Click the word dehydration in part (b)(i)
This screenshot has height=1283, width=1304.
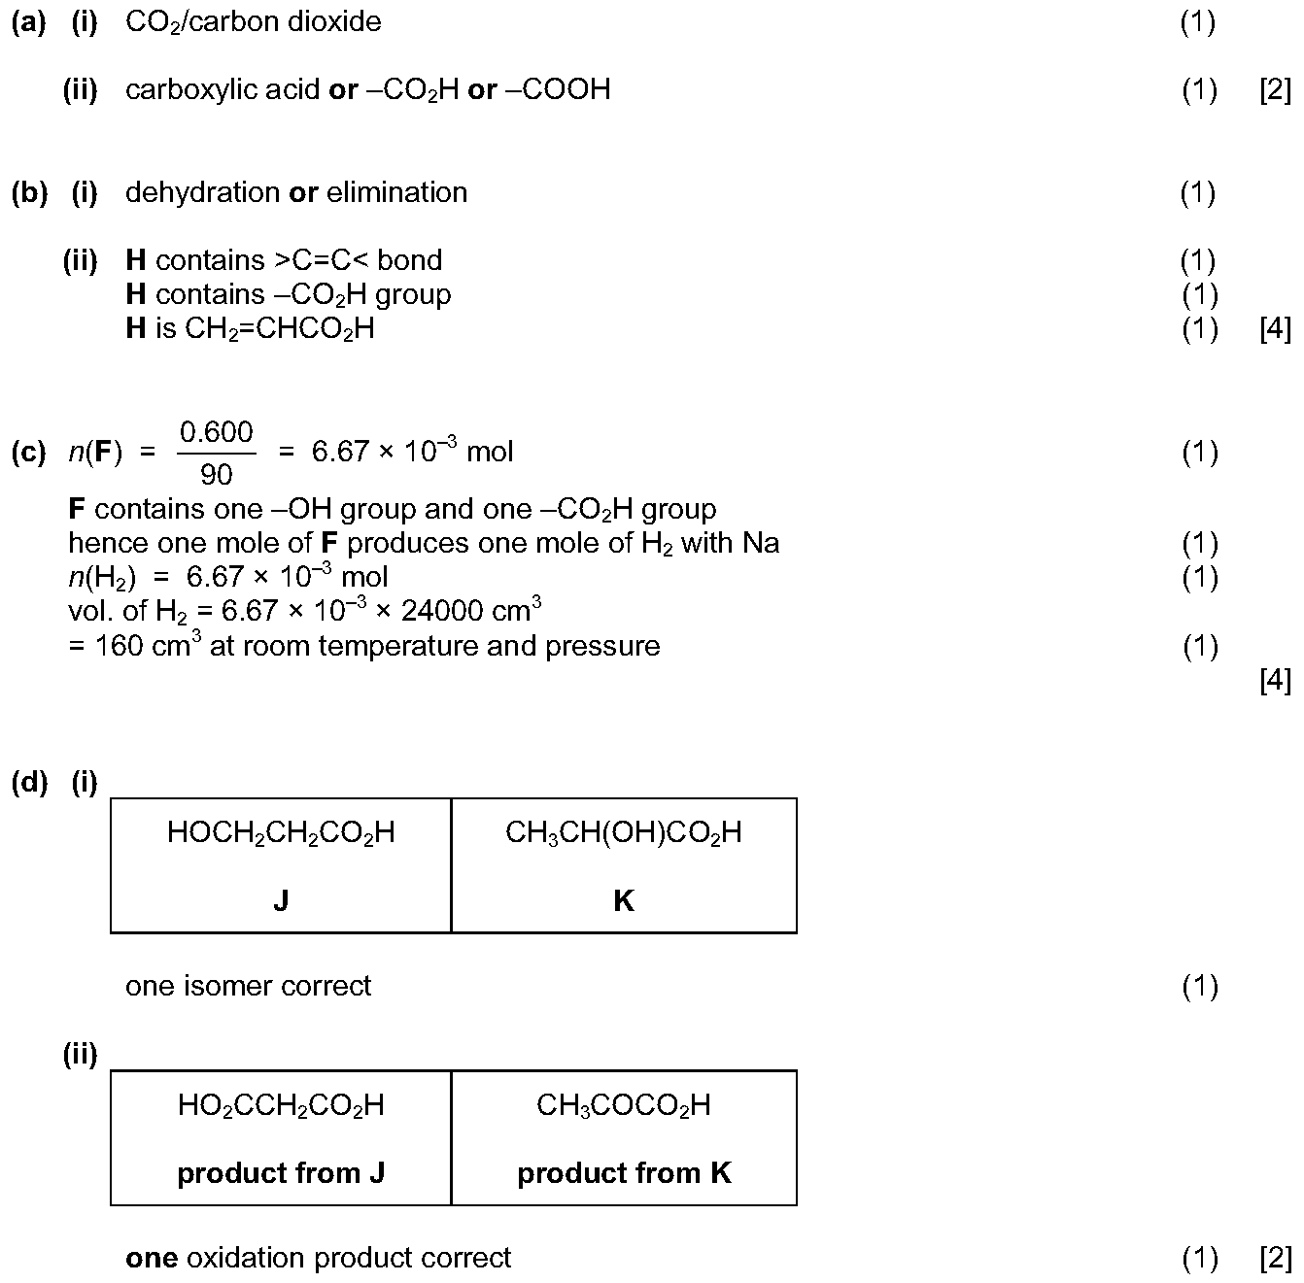(x=202, y=193)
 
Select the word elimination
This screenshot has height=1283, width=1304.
(x=396, y=193)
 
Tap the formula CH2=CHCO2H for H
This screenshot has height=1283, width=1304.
(x=280, y=329)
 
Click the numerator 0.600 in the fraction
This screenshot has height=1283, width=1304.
(x=216, y=432)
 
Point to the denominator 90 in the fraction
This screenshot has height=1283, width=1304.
(x=216, y=475)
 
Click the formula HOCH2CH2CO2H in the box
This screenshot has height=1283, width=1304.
(x=281, y=833)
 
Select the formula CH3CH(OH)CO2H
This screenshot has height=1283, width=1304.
(x=623, y=833)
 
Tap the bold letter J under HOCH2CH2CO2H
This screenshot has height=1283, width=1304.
(x=281, y=900)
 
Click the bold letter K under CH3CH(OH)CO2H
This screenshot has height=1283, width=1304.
(x=623, y=900)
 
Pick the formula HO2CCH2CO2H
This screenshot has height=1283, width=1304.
(x=281, y=1105)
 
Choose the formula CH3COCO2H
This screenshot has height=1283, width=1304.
(x=623, y=1105)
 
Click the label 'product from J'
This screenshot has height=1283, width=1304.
(x=281, y=1174)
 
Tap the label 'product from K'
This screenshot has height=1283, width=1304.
(x=624, y=1174)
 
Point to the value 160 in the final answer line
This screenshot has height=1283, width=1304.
(x=120, y=646)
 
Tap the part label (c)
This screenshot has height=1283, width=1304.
(x=29, y=452)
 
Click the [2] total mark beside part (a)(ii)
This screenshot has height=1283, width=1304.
(x=1275, y=90)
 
